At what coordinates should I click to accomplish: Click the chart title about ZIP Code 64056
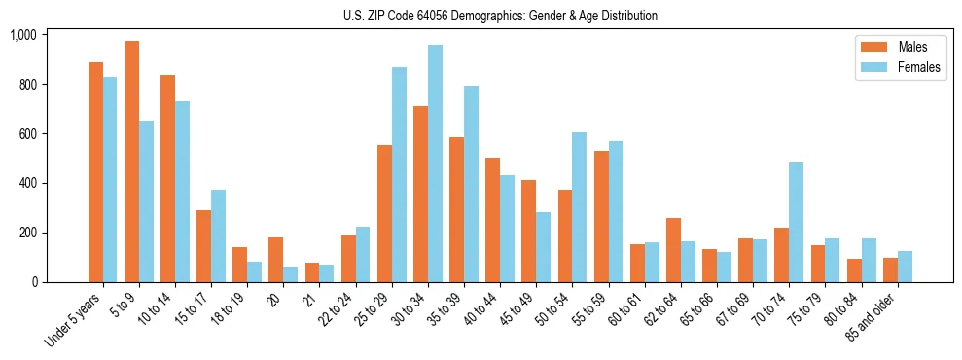point(500,16)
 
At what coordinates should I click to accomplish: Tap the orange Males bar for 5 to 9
point(131,162)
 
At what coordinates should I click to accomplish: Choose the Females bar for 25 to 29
point(399,175)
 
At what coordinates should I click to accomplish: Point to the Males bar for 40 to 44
point(492,220)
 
